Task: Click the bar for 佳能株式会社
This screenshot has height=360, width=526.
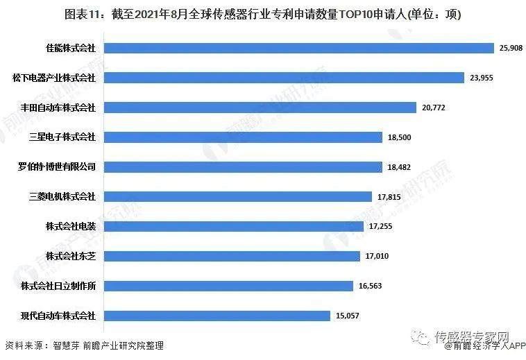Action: [x=298, y=48]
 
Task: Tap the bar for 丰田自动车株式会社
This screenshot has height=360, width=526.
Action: [x=260, y=108]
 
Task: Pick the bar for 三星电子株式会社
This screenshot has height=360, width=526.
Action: [x=244, y=137]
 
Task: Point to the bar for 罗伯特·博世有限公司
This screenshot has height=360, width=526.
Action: [x=244, y=167]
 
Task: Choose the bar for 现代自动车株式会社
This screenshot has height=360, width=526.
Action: [x=218, y=316]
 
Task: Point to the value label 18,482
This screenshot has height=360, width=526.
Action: [x=399, y=168]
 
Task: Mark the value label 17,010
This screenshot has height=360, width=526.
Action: [x=377, y=257]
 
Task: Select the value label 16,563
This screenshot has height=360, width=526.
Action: [x=370, y=286]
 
